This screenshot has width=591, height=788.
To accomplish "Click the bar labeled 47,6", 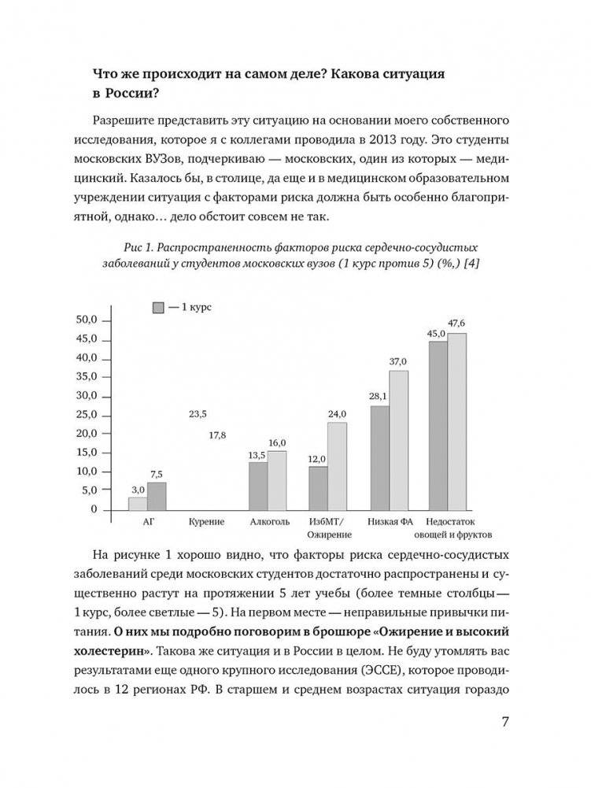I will [457, 421].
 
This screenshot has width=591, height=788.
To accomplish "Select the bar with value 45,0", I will [438, 425].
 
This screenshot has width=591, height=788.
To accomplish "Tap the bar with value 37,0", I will [399, 440].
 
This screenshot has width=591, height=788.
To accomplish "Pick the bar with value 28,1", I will [379, 457].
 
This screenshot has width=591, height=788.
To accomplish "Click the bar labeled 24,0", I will [337, 466].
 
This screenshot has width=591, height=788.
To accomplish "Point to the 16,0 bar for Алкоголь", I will [277, 480].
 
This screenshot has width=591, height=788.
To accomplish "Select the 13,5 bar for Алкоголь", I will [257, 486].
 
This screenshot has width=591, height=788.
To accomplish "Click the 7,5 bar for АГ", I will [157, 496].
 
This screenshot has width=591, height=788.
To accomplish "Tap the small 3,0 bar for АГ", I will [138, 504].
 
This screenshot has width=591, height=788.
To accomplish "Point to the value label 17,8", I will [217, 435].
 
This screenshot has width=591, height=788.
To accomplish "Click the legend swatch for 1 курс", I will [157, 307].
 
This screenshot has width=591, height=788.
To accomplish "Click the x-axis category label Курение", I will [207, 522].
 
